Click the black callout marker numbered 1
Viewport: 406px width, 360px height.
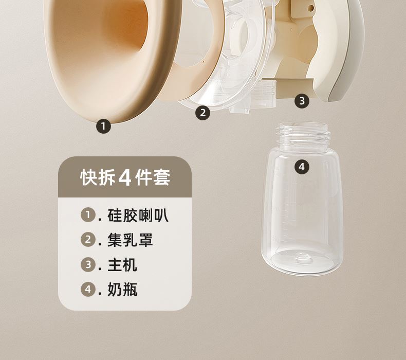coord(103,126)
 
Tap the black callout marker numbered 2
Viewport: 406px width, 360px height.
coord(202,113)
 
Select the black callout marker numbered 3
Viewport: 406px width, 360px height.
coord(302,101)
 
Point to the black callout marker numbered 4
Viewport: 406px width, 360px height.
coord(302,167)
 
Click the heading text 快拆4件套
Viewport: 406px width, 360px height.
coord(125,177)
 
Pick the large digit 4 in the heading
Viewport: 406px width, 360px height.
coord(125,178)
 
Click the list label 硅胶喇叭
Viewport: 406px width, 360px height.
coord(138,215)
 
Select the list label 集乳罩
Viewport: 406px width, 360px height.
coord(130,240)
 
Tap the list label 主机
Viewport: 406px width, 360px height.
coord(122,265)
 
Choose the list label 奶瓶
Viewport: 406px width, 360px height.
coord(122,289)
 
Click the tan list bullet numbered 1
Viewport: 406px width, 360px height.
coord(88,214)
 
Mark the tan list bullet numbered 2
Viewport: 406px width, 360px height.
coord(88,239)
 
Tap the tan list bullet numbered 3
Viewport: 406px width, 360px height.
coord(88,264)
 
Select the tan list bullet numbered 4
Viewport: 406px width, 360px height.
coord(88,289)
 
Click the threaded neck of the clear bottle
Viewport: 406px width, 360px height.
coord(303,136)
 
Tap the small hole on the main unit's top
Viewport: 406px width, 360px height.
coord(310,8)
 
